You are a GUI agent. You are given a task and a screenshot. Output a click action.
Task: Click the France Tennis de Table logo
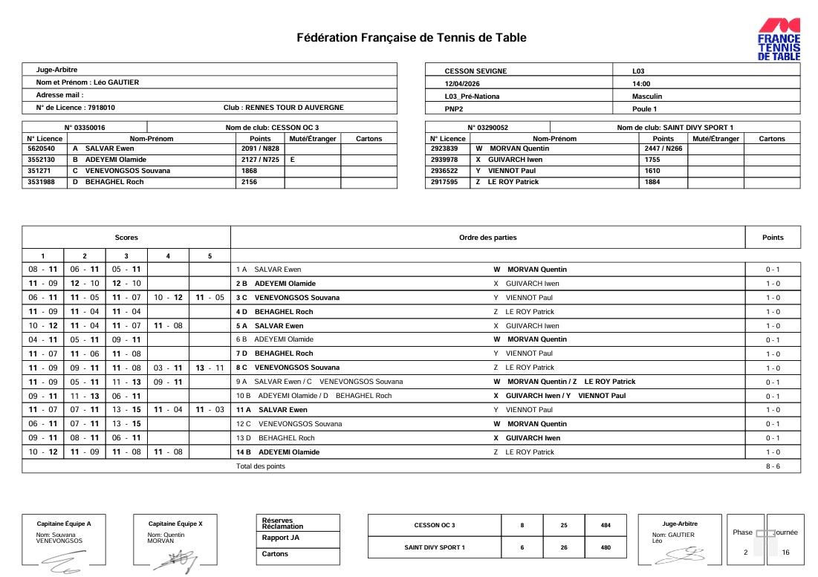click(779, 39)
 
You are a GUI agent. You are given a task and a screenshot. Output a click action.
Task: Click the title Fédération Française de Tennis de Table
click(411, 38)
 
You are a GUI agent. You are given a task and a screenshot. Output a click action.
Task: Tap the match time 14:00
click(641, 84)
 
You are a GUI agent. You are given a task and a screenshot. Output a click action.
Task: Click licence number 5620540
click(41, 149)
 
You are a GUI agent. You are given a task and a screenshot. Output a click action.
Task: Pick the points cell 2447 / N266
click(663, 149)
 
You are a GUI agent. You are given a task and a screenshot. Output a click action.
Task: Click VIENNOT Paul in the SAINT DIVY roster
click(511, 171)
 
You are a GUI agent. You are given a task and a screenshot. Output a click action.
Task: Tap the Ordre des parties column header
click(487, 238)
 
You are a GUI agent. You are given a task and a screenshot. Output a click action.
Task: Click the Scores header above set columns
click(126, 238)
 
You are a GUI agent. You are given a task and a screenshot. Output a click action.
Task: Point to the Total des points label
click(260, 466)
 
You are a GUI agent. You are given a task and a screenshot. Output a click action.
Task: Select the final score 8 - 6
click(773, 466)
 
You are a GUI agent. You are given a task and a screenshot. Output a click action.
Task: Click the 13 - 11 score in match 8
click(210, 368)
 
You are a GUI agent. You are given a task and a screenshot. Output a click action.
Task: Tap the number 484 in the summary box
click(606, 525)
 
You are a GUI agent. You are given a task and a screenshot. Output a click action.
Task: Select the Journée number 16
click(786, 552)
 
